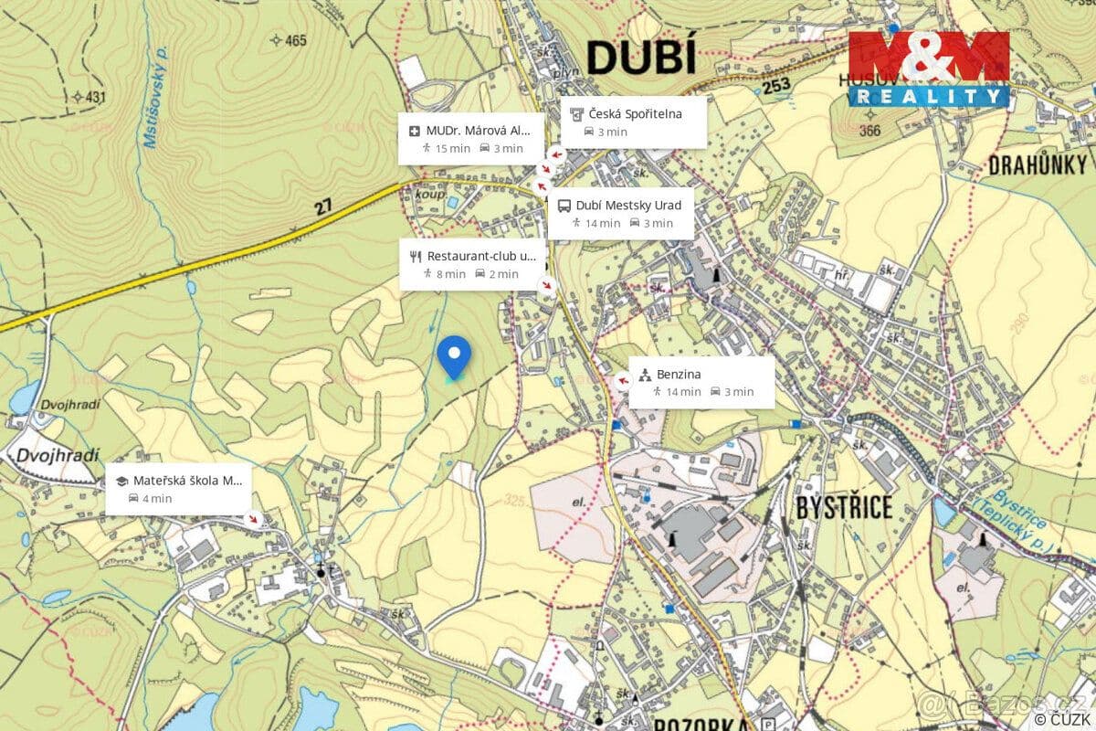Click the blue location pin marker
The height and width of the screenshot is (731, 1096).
[453, 355]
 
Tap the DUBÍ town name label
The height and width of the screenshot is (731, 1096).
[640, 57]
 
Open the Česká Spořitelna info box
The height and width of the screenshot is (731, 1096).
[634, 122]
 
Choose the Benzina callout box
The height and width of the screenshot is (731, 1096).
[701, 382]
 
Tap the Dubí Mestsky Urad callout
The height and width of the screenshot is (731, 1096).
[621, 214]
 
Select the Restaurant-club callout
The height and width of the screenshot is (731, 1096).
[473, 264]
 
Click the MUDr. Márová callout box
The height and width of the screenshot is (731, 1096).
[471, 139]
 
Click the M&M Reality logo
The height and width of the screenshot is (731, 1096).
[929, 69]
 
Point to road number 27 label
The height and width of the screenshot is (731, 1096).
[323, 207]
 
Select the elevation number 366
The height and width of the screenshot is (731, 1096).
[869, 131]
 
